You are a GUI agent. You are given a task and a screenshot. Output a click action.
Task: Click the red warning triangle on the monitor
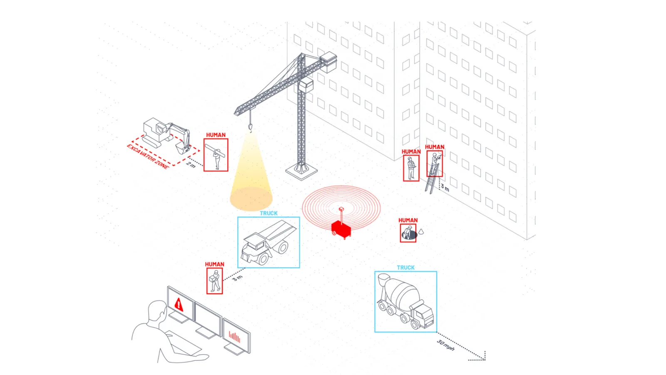[179, 305]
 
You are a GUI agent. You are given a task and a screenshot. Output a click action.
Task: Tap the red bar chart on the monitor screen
[234, 337]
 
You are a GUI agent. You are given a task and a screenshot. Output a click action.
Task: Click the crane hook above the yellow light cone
[250, 127]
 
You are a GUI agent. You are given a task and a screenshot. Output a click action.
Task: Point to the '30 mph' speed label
[446, 345]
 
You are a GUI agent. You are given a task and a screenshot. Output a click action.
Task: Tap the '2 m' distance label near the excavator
[191, 165]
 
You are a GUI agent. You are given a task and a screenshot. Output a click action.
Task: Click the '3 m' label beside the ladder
[445, 187]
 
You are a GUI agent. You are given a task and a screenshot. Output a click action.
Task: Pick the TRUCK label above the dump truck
[268, 213]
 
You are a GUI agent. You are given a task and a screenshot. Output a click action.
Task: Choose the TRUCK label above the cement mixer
[405, 267]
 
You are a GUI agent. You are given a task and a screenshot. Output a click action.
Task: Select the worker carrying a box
[215, 281]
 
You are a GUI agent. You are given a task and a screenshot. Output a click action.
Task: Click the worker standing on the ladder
[435, 163]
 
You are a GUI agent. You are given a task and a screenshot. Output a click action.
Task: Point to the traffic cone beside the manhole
[421, 231]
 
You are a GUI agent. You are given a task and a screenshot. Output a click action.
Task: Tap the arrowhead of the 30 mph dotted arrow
[484, 359]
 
